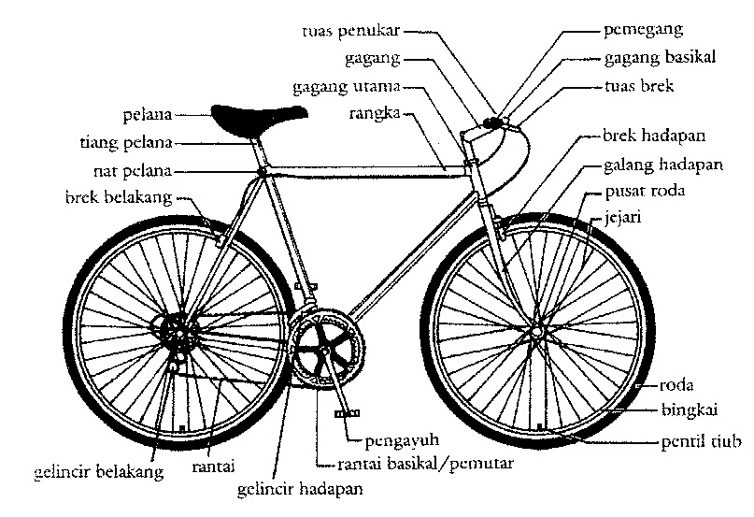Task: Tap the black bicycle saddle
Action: pos(258,116)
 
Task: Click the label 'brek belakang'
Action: pos(119,197)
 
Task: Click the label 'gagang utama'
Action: pos(347,87)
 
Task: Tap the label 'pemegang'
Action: pos(644,30)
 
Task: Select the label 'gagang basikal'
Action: pos(660,57)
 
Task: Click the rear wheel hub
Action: pos(175,329)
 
